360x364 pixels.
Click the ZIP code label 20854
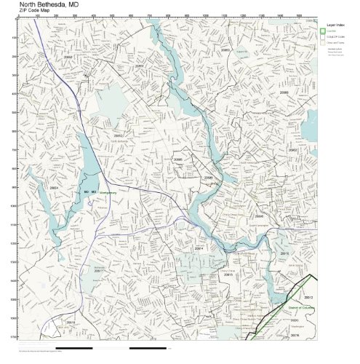[x=53, y=188]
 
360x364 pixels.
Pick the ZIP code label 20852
[x=118, y=135]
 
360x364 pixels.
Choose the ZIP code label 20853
[x=225, y=50]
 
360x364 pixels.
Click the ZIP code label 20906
[x=284, y=93]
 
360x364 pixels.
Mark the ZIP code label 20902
[x=292, y=150]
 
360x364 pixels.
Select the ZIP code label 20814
[x=199, y=248]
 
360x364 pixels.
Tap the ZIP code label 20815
[x=228, y=274]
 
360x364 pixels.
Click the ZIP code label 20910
[x=284, y=253]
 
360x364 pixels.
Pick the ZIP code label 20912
[x=308, y=298]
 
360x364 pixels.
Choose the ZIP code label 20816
[x=71, y=321]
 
